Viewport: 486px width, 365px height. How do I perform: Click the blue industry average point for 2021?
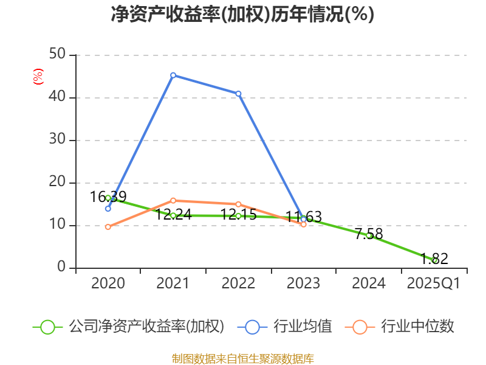point(173,75)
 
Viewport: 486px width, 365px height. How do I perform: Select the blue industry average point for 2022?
point(238,94)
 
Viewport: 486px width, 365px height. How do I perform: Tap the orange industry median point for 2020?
point(108,227)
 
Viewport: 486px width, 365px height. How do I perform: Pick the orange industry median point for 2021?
point(173,200)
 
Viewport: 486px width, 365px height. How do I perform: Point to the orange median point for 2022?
point(238,204)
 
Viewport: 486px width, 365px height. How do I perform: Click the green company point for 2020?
point(108,198)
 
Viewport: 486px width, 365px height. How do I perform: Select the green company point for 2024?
point(369,235)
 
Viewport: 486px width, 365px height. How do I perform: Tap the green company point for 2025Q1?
point(434,260)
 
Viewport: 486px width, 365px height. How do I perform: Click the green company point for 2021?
point(173,215)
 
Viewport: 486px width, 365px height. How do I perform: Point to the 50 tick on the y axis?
point(58,55)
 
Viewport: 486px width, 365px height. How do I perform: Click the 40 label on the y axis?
point(58,97)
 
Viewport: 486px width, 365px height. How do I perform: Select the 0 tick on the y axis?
point(61,268)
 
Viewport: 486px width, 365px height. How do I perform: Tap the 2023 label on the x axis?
point(303,283)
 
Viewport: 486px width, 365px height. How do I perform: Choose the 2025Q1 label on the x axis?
point(434,283)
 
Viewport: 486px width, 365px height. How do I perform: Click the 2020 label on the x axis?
point(108,283)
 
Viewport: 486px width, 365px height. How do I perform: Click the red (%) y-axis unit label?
point(38,77)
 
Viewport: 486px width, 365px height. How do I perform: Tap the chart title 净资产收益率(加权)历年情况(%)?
point(242,14)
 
